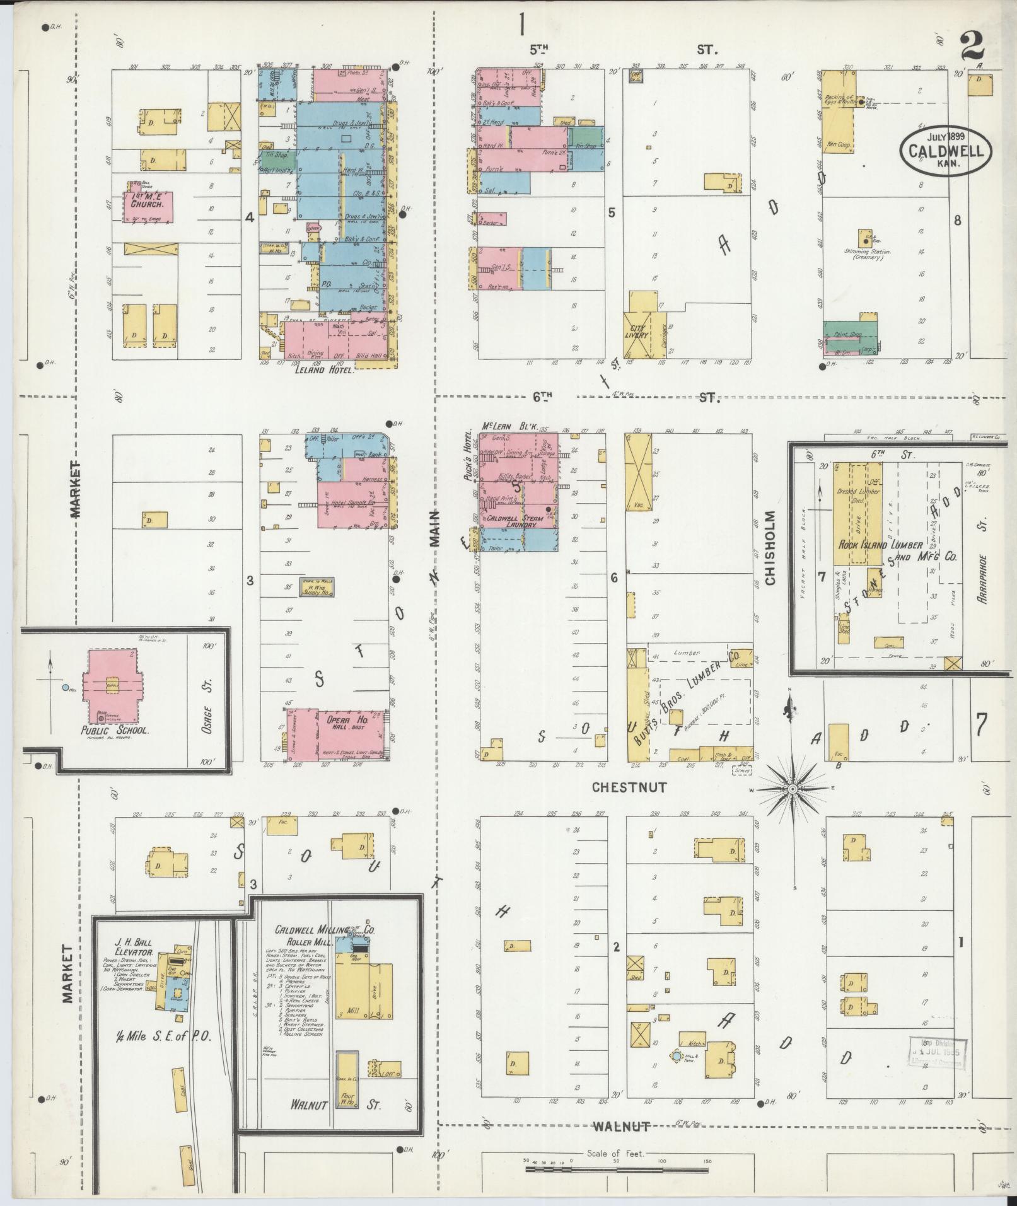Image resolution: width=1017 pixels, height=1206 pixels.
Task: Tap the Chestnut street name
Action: click(628, 787)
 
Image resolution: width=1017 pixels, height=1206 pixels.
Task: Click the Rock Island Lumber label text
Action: click(880, 545)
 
